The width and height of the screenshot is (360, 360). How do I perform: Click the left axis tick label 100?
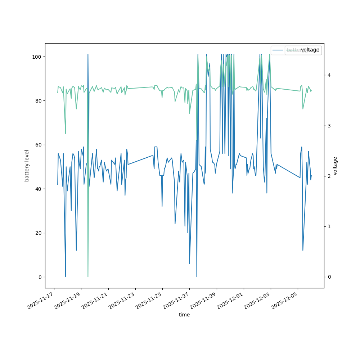click(x=37, y=57)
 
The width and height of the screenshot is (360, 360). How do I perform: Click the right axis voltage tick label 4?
click(x=329, y=75)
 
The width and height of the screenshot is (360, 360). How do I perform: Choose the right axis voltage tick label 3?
click(x=329, y=126)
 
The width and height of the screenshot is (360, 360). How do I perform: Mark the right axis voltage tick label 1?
click(x=329, y=226)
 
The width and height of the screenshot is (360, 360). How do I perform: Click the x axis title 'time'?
click(x=184, y=315)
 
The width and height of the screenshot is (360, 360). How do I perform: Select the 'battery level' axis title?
click(x=27, y=166)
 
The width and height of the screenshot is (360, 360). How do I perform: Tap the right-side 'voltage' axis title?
click(x=335, y=166)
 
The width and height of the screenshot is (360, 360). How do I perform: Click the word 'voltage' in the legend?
click(x=310, y=50)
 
